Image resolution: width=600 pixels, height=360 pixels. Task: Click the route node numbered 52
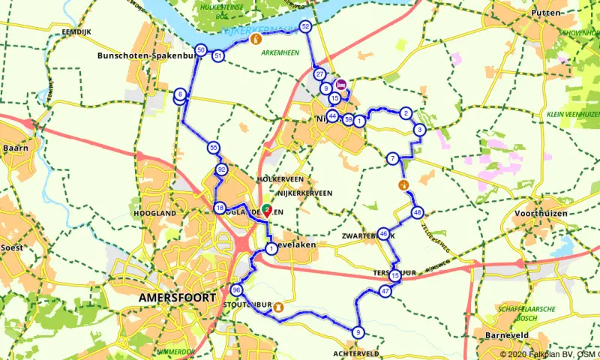(x=305, y=26)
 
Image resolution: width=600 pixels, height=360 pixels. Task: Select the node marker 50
(x=200, y=50)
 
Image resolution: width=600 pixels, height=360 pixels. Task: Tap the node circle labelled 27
(x=320, y=74)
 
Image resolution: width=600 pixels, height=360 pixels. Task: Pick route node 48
(x=418, y=212)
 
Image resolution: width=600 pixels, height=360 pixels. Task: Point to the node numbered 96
(x=237, y=290)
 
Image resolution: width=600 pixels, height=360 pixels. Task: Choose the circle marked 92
(x=221, y=170)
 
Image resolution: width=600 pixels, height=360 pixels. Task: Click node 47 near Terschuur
(x=385, y=291)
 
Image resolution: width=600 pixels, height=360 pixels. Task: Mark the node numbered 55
(x=214, y=148)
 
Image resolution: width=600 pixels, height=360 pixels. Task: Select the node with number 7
(x=392, y=158)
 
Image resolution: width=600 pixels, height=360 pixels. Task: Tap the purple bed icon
(x=341, y=85)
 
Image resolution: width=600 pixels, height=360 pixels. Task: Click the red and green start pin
(x=267, y=212)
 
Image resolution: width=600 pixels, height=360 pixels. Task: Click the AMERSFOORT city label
(x=177, y=298)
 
